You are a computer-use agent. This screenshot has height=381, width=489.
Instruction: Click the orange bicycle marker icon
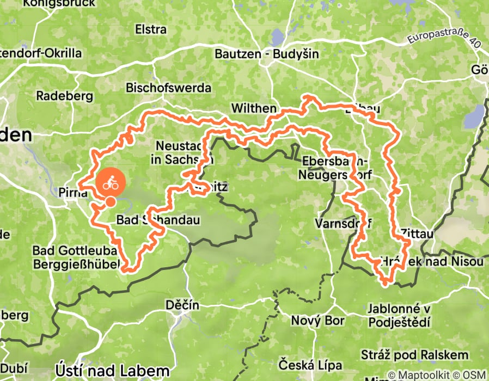[x=111, y=183]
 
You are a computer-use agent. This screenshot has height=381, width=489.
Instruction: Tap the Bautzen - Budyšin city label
[x=267, y=54]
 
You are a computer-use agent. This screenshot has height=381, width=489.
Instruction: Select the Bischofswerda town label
[x=168, y=88]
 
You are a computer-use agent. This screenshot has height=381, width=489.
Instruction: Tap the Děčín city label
[x=182, y=305]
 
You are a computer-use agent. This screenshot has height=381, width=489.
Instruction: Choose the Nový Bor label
[x=317, y=321]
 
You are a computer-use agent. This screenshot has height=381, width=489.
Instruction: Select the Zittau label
[x=417, y=234]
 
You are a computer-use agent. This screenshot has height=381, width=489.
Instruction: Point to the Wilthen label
[x=254, y=109]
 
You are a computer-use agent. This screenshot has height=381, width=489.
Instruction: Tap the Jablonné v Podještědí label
[x=399, y=315]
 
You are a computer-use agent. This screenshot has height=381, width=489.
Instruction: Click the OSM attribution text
[x=474, y=376]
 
